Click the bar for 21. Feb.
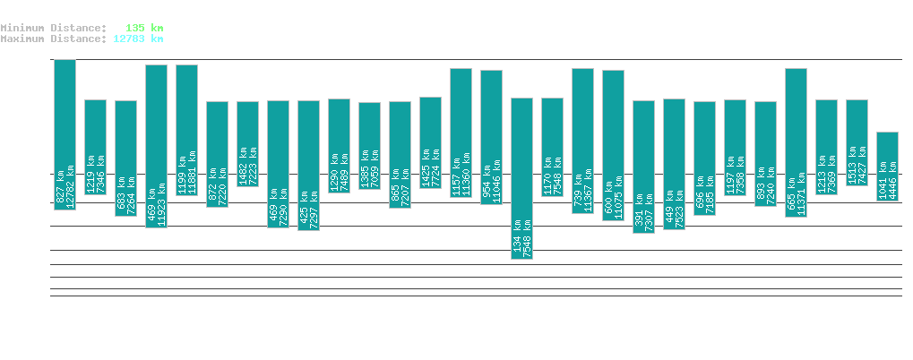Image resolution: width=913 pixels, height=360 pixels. tap(65, 134)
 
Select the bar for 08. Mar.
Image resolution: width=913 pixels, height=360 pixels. tap(521, 178)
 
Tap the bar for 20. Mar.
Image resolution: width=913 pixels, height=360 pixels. tap(887, 167)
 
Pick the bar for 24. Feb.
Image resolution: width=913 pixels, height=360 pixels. tap(156, 146)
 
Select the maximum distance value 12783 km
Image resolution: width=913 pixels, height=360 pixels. tap(138, 39)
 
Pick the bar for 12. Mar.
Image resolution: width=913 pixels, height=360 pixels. tap(643, 167)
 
